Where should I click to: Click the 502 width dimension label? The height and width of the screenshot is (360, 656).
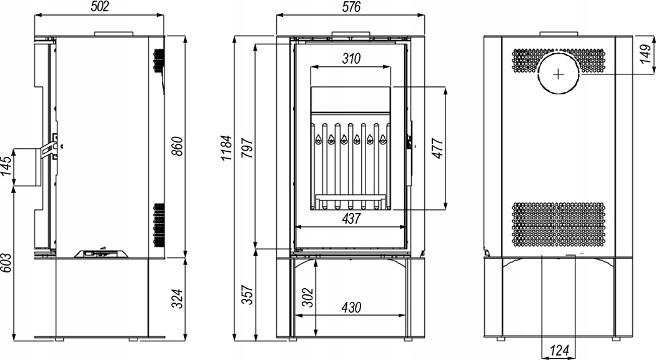pos(99,6)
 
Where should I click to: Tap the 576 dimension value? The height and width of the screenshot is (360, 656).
pos(350,7)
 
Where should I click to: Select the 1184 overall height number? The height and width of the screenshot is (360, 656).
pos(226,147)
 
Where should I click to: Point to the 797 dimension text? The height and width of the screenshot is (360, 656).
pos(247,147)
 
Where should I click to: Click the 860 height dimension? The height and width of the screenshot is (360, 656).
pos(177,146)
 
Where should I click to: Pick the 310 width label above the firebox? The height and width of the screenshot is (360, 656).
pos(351,58)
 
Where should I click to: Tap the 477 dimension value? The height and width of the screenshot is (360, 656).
pos(437,147)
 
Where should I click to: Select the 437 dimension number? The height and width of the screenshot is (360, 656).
pos(351,218)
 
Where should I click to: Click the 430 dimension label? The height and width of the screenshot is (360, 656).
pos(351,307)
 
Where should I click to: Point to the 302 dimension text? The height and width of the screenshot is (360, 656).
pos(307,297)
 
